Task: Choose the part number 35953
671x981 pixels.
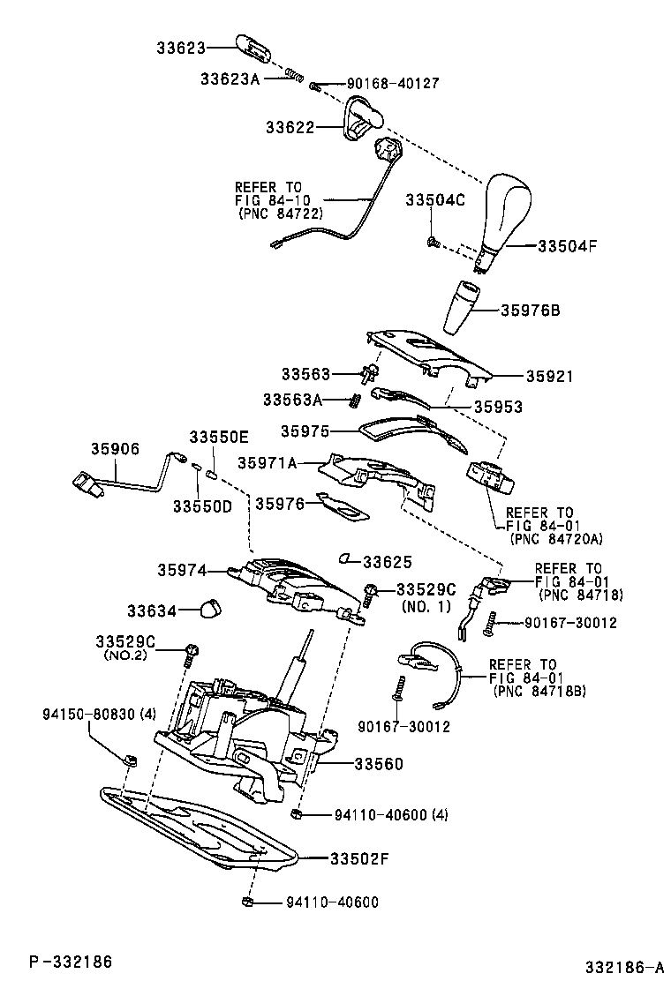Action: pos(498,408)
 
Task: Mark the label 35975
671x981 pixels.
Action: pos(305,431)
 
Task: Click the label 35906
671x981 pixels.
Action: pos(115,449)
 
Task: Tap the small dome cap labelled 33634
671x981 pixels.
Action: pos(209,608)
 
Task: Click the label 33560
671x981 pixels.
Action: pos(379,763)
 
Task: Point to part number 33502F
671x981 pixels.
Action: pos(359,857)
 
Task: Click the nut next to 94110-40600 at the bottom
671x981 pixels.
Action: pos(248,902)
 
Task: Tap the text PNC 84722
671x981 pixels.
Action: pos(280,213)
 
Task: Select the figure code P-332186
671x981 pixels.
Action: pos(70,960)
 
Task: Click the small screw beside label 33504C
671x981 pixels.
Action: pos(433,241)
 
